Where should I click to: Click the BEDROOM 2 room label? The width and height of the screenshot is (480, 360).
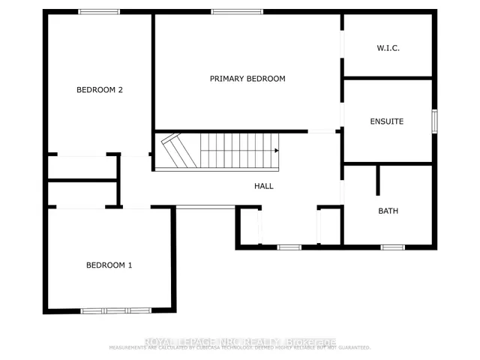coord(100,90)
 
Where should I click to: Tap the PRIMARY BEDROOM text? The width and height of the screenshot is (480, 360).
coord(247,79)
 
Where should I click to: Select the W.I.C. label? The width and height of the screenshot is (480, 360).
coord(388,48)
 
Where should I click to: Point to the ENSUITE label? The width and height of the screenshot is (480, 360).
coord(387,121)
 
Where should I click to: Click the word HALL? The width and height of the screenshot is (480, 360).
coord(263,185)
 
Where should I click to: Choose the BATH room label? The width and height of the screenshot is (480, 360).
coord(388,211)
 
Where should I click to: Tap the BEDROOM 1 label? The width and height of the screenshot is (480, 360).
coord(109,265)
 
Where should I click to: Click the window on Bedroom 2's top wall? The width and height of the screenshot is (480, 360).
coord(99,11)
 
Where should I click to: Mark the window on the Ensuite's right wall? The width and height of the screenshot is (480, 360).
coord(434,121)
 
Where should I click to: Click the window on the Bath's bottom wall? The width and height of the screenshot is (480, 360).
coord(392,247)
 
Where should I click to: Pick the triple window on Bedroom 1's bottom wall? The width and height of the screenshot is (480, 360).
coord(116,310)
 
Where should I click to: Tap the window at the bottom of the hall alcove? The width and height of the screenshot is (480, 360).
coord(289,247)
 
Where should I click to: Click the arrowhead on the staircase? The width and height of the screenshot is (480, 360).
coord(276,151)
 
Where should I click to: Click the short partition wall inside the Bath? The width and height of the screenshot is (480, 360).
coord(379,181)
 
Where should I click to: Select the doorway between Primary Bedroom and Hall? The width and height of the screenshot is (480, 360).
coord(322,131)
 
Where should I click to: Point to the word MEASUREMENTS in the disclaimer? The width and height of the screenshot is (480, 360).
coord(130,348)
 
